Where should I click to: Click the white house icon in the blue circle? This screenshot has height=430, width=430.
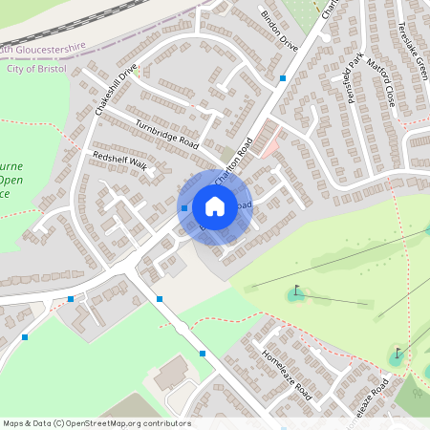tap(215, 206)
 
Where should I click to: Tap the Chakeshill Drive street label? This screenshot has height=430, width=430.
tap(117, 90)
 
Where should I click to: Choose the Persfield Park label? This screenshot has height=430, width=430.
tap(356, 84)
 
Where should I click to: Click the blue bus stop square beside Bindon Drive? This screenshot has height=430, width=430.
tap(283, 77)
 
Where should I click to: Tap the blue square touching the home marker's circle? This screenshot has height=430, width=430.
tap(183, 207)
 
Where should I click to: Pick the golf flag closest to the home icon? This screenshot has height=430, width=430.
tap(296, 290)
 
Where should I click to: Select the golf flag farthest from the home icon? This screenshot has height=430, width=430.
tap(398, 354)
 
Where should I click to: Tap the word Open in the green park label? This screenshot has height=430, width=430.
tap(11, 179)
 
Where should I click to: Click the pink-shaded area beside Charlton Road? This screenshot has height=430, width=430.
tap(270, 146)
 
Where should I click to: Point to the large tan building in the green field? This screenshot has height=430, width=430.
tap(172, 373)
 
